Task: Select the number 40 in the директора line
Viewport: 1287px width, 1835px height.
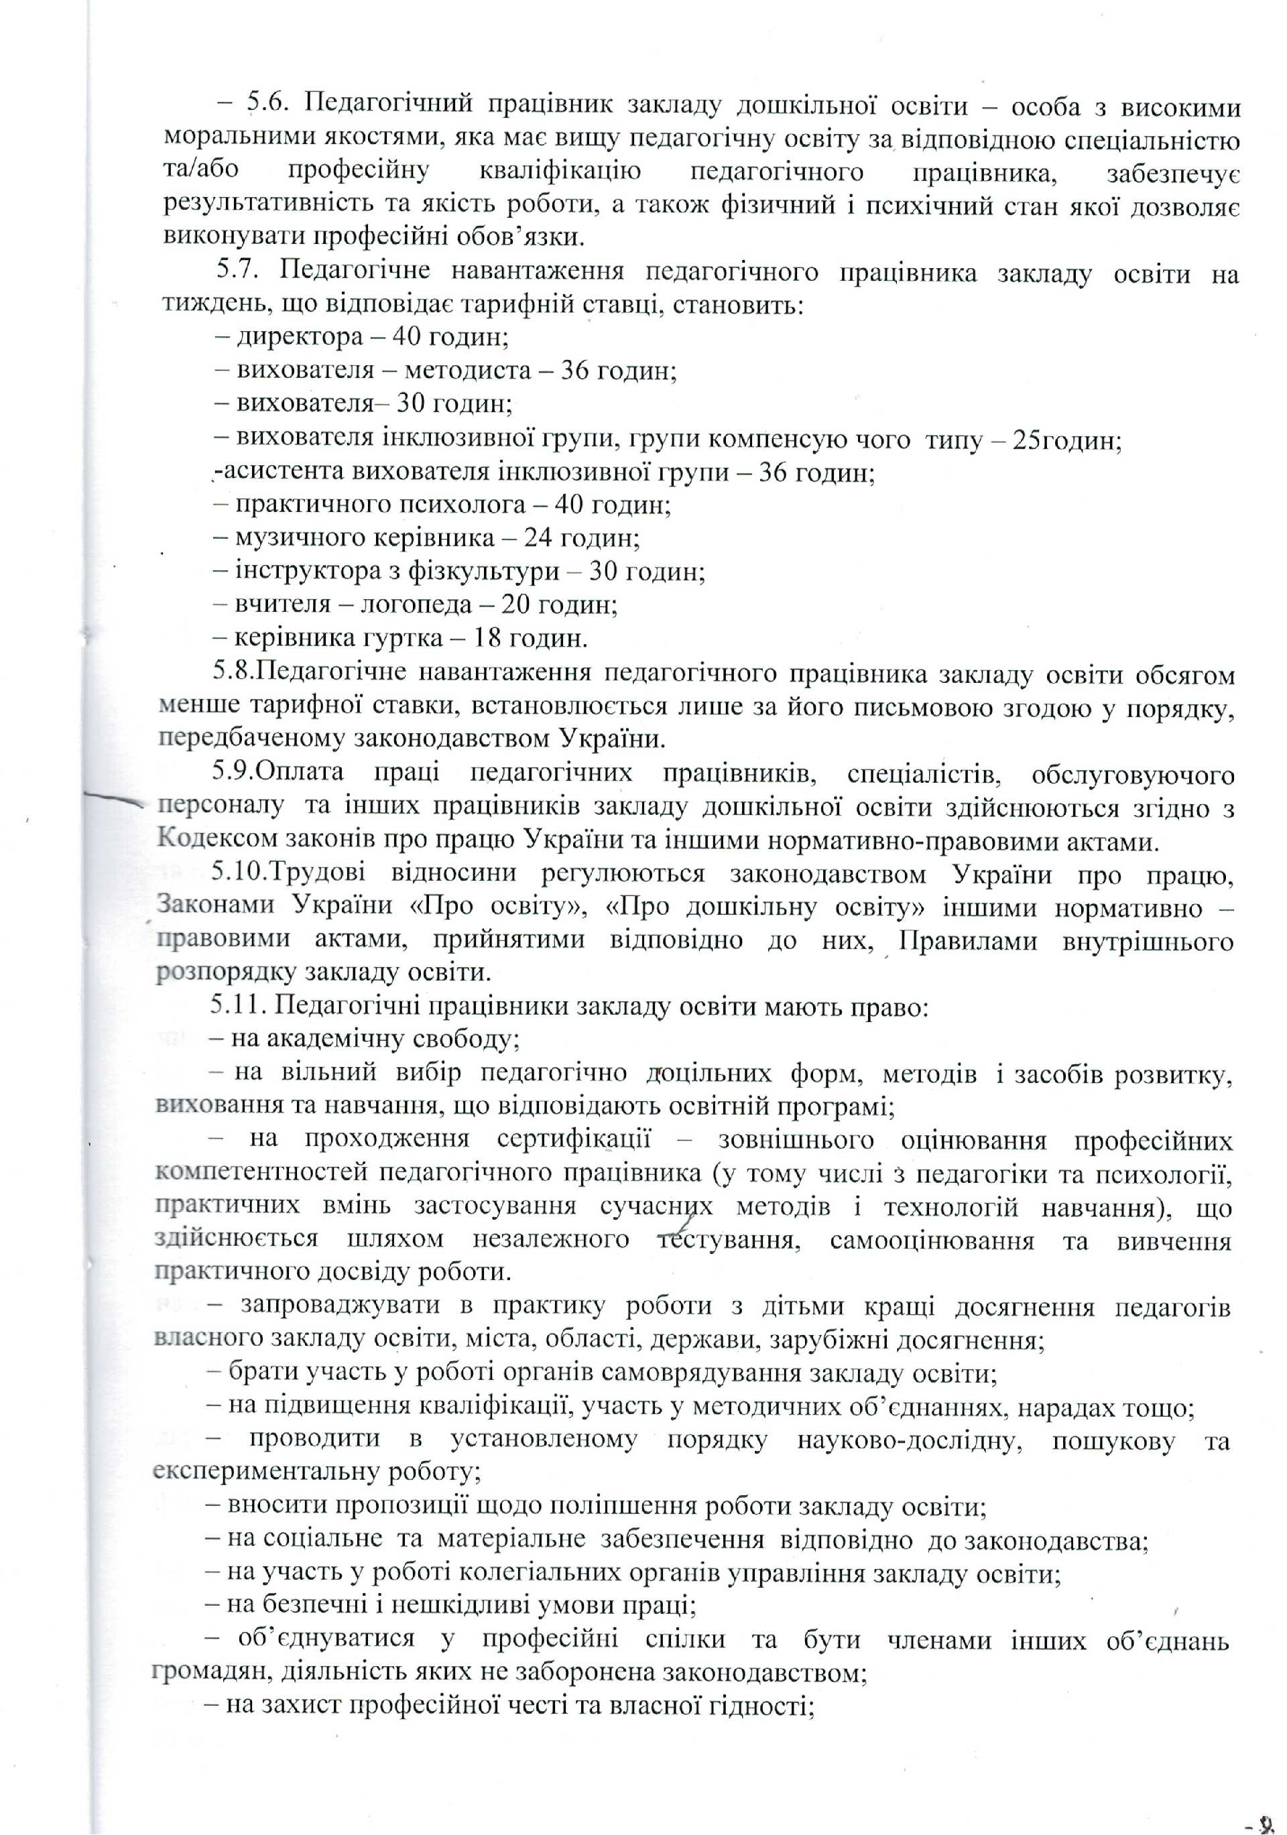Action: coord(406,336)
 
